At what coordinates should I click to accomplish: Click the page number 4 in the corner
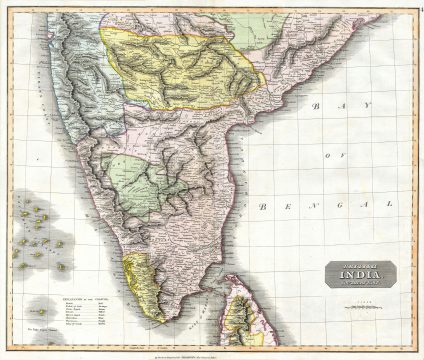click(x=419, y=6)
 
